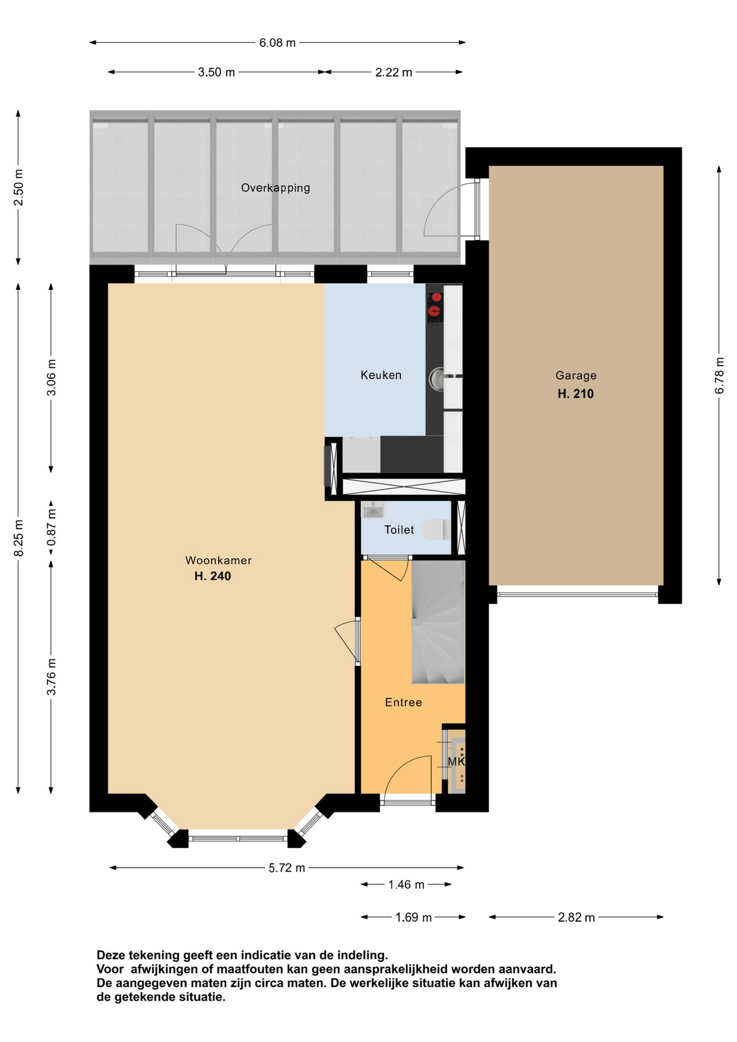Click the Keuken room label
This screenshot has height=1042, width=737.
click(381, 375)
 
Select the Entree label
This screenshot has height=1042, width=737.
click(403, 703)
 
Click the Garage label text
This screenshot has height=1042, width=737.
click(575, 376)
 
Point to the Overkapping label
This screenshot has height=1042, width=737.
click(276, 188)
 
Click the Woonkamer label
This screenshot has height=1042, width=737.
click(218, 561)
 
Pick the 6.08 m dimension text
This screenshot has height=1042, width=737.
click(277, 43)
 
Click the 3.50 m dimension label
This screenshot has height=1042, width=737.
click(216, 72)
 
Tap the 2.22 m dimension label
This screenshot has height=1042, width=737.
click(393, 72)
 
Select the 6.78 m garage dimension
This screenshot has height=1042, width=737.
click(719, 375)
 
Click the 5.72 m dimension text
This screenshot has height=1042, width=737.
click(287, 868)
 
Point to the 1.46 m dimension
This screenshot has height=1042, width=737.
click(406, 885)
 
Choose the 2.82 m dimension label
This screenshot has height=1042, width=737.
click(576, 918)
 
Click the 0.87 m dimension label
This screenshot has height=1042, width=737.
click(51, 528)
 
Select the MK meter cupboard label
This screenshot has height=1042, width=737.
click(456, 761)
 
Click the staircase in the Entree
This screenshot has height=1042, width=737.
click(438, 622)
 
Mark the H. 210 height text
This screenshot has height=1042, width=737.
click(575, 394)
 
